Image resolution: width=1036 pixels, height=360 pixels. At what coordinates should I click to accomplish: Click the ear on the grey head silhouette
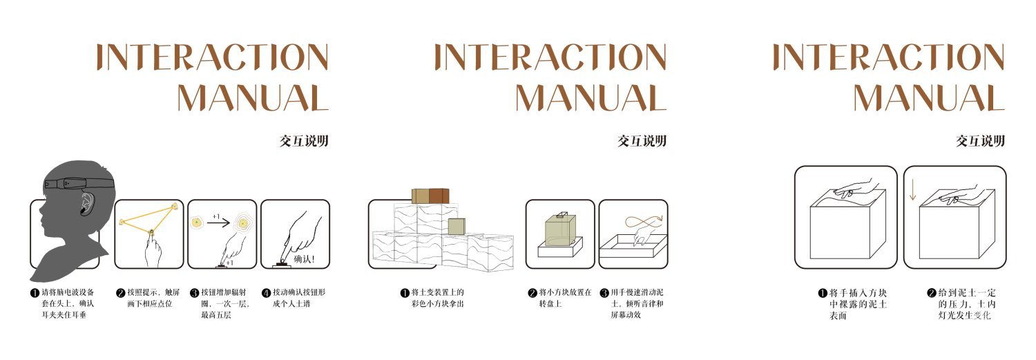coord(87,203)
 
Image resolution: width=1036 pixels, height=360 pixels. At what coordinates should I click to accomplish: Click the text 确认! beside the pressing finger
coord(305,259)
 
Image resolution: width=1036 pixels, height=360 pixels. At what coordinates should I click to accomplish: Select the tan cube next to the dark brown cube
coord(420,196)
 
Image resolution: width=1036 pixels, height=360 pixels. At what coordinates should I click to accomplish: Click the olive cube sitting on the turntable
coord(559,229)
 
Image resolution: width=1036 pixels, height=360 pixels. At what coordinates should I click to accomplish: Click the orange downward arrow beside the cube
coord(912,190)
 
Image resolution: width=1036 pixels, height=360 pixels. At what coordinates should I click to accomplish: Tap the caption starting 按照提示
coord(148,298)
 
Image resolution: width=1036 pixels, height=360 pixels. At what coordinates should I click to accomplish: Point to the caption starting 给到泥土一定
coord(965,303)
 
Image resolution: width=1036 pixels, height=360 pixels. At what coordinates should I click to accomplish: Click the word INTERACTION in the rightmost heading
coord(888,57)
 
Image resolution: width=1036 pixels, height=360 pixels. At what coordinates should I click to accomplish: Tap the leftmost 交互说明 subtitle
coord(303,142)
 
